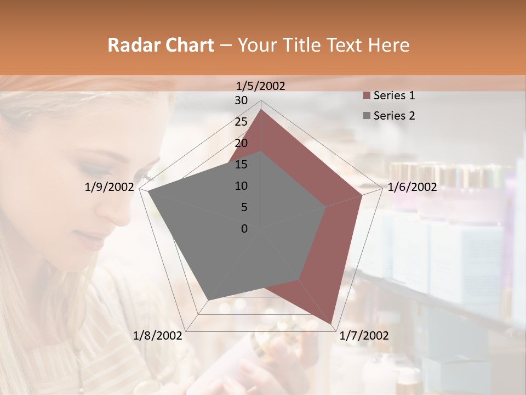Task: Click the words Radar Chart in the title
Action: point(161,45)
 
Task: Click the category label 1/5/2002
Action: point(261,86)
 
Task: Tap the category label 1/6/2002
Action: point(412,187)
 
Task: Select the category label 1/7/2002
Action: point(364,336)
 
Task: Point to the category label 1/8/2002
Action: point(158,336)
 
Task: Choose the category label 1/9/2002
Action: point(109,187)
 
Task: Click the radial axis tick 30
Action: point(241,100)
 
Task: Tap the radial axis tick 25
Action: point(241,122)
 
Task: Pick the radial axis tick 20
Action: point(241,143)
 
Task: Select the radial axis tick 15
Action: point(241,165)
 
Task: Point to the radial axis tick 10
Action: point(241,186)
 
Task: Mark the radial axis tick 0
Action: point(244,229)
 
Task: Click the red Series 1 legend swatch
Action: point(367,96)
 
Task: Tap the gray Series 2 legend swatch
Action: point(367,116)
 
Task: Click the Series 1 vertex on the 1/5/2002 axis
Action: point(261,110)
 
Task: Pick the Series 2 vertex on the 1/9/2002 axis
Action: point(148,191)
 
